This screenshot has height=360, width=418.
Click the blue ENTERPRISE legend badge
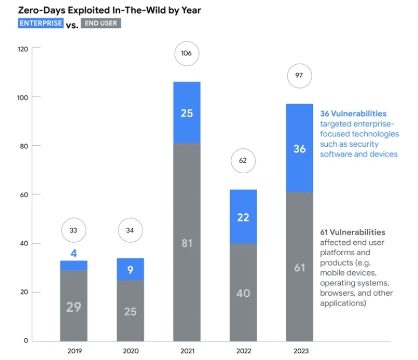(x=41, y=23)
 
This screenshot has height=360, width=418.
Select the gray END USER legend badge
(x=101, y=23)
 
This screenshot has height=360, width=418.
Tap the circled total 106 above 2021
(x=187, y=53)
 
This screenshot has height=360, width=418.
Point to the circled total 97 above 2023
(x=299, y=76)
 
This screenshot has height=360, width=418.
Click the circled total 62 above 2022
(x=243, y=161)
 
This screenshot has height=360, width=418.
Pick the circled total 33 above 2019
(x=74, y=231)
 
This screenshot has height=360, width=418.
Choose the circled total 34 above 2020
(x=130, y=231)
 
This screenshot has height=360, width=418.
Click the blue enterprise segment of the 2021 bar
(x=187, y=113)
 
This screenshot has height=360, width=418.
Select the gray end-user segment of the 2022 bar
(x=243, y=293)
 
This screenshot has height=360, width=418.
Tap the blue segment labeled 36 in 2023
(x=300, y=148)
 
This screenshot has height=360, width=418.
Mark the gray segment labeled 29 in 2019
(x=74, y=306)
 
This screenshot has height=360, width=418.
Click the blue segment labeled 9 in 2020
(x=130, y=270)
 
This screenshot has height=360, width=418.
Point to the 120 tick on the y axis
(x=23, y=49)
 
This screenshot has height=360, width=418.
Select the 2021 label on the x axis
(x=187, y=351)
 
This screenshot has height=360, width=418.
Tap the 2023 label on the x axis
(x=299, y=351)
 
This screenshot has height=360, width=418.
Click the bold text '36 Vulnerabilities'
(x=353, y=114)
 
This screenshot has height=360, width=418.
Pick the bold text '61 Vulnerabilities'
(x=352, y=232)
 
